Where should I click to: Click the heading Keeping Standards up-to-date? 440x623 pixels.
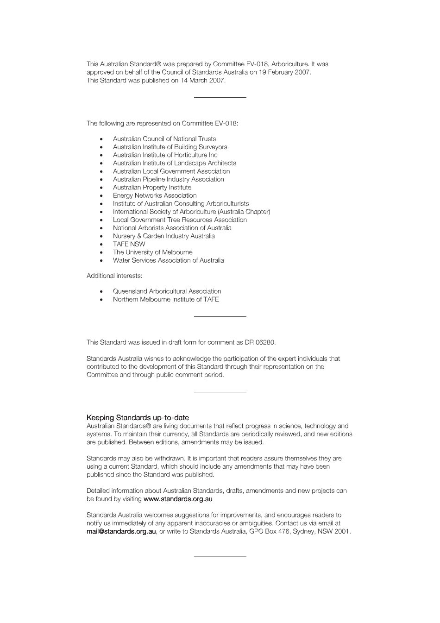(x=138, y=418)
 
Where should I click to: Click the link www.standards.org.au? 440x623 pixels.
(x=178, y=499)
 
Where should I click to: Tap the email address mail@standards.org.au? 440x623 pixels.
(x=121, y=531)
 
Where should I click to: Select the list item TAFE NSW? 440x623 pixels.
(x=129, y=244)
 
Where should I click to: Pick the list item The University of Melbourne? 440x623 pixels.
(x=152, y=252)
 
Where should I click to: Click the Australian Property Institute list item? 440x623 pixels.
(x=152, y=188)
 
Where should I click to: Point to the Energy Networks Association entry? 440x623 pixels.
(x=155, y=195)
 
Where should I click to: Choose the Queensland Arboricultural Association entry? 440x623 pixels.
(x=167, y=291)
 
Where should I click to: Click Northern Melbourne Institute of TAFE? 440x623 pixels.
(x=166, y=299)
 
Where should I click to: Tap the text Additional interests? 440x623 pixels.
(x=114, y=276)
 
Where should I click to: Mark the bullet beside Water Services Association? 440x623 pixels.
(x=101, y=261)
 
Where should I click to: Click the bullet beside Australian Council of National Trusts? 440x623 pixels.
(x=101, y=139)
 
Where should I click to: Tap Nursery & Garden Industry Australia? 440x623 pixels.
(x=163, y=236)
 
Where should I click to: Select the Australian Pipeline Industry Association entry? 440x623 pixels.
(x=168, y=179)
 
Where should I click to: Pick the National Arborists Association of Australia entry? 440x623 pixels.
(x=172, y=228)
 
